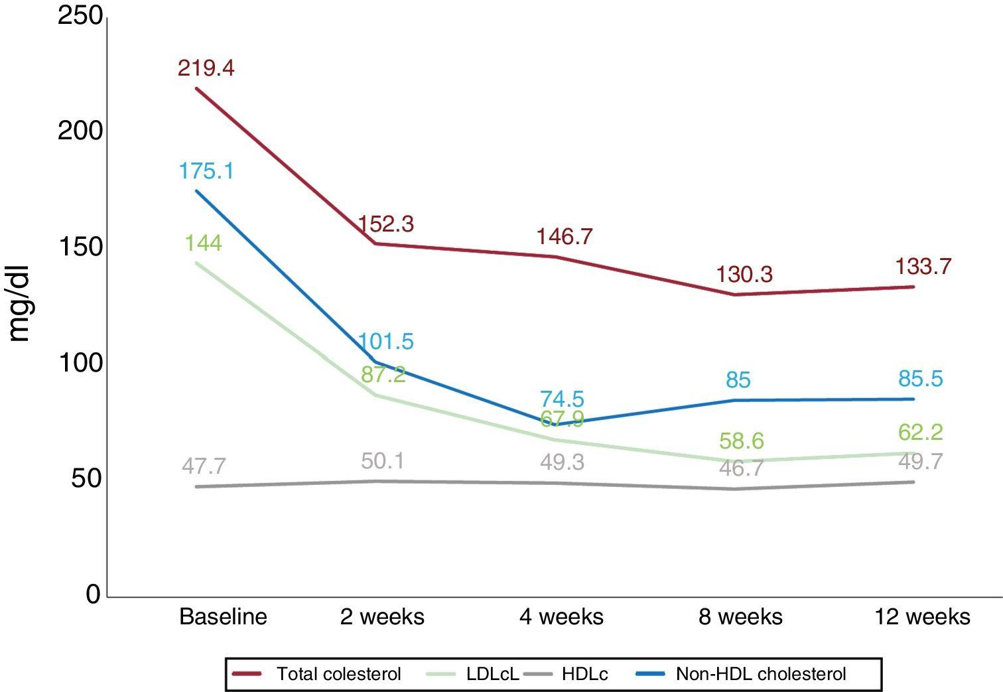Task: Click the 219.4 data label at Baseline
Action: (206, 68)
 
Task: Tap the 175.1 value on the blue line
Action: (206, 171)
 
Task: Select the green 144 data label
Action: (203, 243)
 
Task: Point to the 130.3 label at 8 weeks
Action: (744, 275)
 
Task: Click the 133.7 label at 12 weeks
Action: (923, 267)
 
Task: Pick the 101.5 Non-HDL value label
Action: (385, 342)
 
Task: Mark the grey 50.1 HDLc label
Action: (383, 460)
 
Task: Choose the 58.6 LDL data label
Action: (742, 441)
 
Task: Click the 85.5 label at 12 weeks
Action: (920, 379)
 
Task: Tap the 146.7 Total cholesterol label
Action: (565, 236)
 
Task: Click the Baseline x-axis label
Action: (223, 617)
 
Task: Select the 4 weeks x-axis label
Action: (561, 617)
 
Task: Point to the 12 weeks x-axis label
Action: (922, 617)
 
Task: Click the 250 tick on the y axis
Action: (80, 16)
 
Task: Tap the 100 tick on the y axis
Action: (80, 363)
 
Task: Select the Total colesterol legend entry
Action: (317, 674)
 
